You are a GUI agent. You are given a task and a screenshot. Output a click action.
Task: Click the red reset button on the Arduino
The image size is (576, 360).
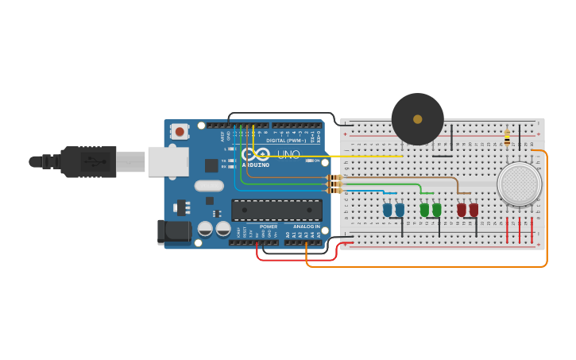(x=180, y=131)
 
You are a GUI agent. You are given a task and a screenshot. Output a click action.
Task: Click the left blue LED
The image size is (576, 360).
(x=388, y=210)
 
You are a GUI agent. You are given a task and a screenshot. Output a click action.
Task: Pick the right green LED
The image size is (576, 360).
(x=436, y=210)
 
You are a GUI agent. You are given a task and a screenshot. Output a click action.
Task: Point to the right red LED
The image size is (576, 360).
(x=474, y=210)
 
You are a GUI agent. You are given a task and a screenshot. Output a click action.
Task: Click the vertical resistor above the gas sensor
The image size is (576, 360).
(x=507, y=139)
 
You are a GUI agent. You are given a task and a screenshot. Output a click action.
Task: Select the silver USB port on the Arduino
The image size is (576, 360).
(x=168, y=161)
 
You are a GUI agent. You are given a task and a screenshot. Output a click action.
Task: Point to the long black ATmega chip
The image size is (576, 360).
(x=276, y=210)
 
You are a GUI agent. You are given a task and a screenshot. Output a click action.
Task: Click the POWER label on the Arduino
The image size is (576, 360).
(x=268, y=226)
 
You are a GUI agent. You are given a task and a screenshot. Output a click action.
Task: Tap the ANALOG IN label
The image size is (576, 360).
(x=306, y=226)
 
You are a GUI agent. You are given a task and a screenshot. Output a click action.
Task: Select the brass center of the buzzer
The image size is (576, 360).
(x=417, y=119)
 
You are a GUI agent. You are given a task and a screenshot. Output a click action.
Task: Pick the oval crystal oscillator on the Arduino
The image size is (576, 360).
(x=208, y=186)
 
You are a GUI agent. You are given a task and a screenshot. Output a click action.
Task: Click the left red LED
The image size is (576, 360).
(x=462, y=210)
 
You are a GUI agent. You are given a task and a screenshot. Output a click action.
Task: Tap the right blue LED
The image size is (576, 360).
(x=400, y=210)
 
